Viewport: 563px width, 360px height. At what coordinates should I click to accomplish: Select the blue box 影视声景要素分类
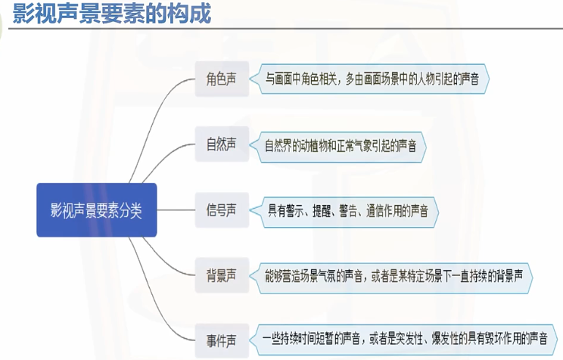click(x=96, y=209)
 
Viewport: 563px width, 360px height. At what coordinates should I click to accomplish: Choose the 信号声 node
click(x=221, y=209)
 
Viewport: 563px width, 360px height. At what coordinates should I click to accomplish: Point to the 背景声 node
click(x=221, y=274)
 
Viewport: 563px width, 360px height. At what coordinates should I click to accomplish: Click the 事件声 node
click(x=221, y=337)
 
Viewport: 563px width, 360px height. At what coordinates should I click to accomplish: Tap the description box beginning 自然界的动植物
click(x=341, y=145)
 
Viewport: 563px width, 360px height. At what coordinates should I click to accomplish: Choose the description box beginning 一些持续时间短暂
click(x=405, y=338)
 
